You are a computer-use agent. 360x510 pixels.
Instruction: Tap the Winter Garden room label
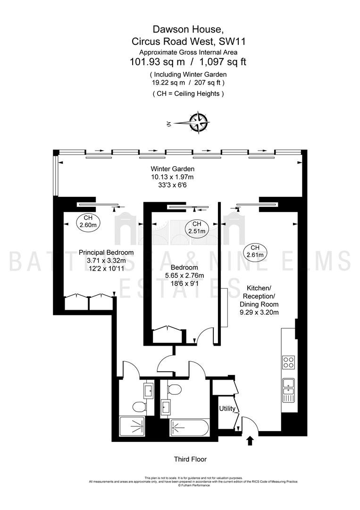[x=173, y=169]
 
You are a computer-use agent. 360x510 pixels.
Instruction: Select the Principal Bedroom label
[x=106, y=252]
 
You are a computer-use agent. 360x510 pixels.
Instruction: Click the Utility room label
[x=227, y=408]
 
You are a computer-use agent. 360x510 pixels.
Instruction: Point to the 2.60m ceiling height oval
[x=88, y=221]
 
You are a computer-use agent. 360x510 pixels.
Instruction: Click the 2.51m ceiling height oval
[x=197, y=227]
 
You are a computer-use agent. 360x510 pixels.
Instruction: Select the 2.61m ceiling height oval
[x=255, y=251]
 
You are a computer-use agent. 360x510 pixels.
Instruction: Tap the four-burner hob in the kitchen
[x=288, y=363]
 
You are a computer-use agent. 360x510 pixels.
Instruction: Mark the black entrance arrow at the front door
[x=250, y=441]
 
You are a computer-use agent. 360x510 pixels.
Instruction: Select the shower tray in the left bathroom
[x=132, y=427]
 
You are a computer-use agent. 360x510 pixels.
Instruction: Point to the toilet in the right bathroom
[x=175, y=389]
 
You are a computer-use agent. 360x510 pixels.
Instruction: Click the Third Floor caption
[x=191, y=459]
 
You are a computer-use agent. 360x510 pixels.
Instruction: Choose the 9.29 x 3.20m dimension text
[x=259, y=313]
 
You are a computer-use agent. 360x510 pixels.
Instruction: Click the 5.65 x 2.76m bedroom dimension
[x=184, y=275]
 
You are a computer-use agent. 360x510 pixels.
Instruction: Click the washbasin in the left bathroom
[x=149, y=389]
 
